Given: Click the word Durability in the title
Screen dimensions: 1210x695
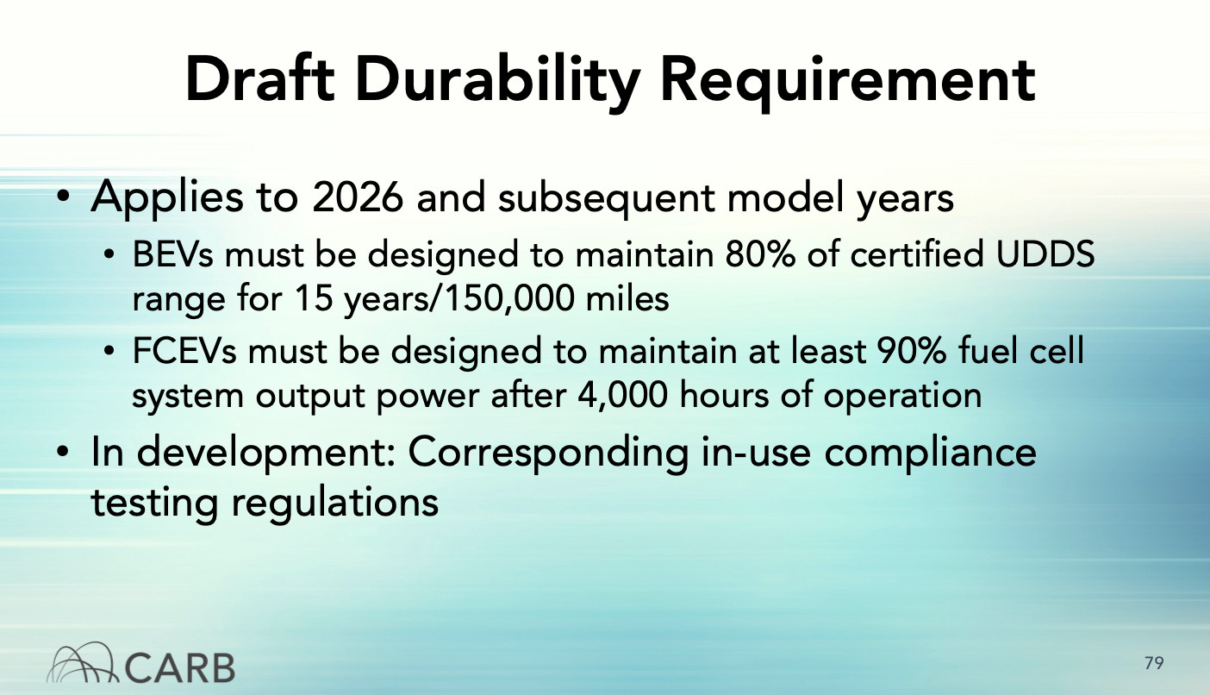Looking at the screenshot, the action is click(x=497, y=80).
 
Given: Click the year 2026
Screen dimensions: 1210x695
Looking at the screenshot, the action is click(x=358, y=197).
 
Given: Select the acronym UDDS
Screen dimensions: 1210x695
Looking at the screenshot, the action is click(x=1045, y=254).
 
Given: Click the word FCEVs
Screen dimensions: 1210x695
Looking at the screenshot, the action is click(x=184, y=351).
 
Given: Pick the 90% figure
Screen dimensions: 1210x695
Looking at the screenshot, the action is click(x=911, y=351).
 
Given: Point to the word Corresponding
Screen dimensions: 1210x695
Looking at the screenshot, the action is click(x=548, y=454).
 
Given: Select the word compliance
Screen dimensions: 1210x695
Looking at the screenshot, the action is click(x=930, y=454).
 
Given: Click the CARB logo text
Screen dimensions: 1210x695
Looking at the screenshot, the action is click(x=180, y=668).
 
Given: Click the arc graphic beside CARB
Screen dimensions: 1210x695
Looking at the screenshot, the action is click(x=82, y=662).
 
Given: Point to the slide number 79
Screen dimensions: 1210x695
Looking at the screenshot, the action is click(x=1154, y=663).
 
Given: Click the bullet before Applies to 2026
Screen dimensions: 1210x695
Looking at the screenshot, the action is click(x=63, y=197).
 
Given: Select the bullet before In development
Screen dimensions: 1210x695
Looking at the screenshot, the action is click(x=63, y=453).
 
